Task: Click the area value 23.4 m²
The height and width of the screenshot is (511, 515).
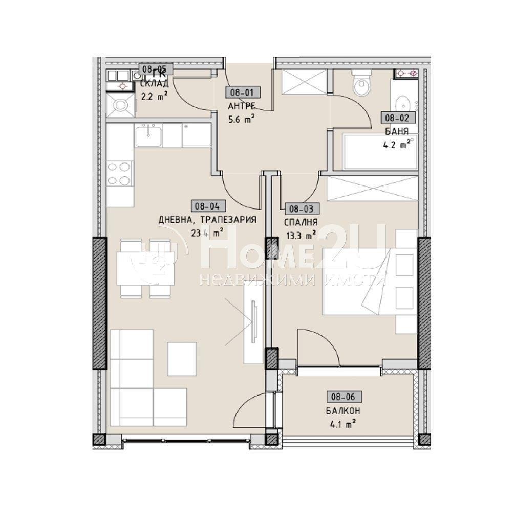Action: click(x=207, y=233)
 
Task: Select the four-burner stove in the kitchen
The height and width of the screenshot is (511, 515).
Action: click(x=120, y=174)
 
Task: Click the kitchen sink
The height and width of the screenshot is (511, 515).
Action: click(x=149, y=135)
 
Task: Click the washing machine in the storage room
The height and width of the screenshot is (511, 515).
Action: click(x=120, y=105)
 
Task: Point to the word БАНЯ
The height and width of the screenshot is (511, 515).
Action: click(x=397, y=131)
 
